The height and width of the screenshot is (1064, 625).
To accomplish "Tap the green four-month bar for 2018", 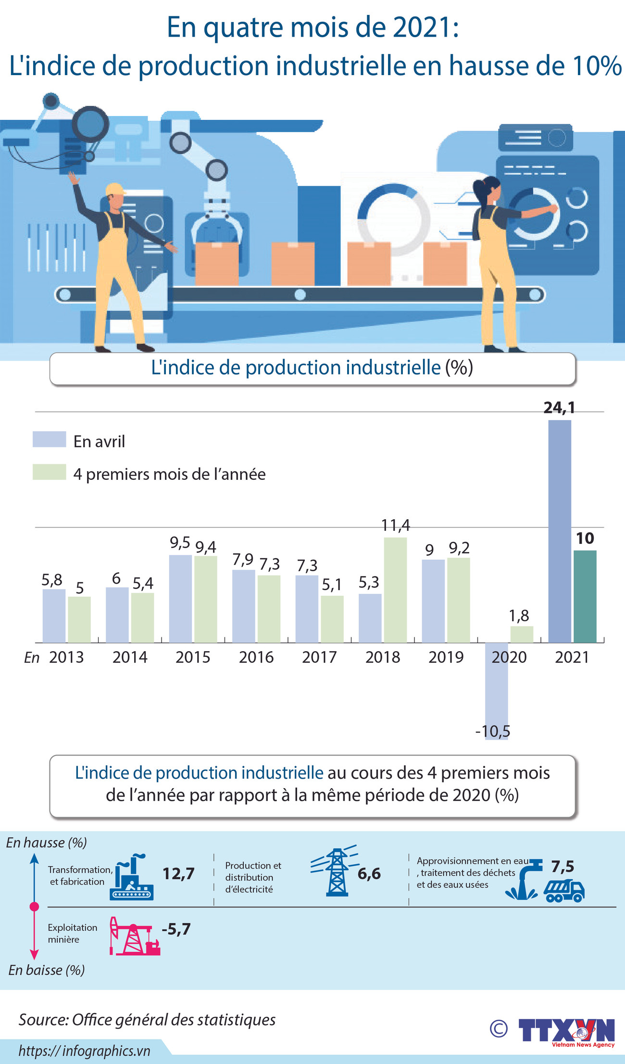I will [x=395, y=590].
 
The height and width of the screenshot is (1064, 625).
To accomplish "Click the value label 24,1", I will [x=559, y=408].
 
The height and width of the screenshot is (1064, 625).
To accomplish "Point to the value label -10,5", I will [x=492, y=731].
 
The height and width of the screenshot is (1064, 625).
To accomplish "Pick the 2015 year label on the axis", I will [x=193, y=657].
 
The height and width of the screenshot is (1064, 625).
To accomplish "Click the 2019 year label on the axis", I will [x=446, y=657].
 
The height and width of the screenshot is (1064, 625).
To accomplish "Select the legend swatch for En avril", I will [x=49, y=439].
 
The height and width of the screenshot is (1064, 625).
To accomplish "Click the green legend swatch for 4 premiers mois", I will [x=49, y=472].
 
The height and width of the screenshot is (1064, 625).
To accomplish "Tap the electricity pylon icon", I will [x=335, y=872].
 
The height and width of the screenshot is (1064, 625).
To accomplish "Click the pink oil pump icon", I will [x=134, y=936].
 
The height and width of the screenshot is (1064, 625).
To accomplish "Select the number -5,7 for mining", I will [x=176, y=929].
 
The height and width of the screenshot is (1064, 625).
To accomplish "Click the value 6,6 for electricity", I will [x=369, y=873].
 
